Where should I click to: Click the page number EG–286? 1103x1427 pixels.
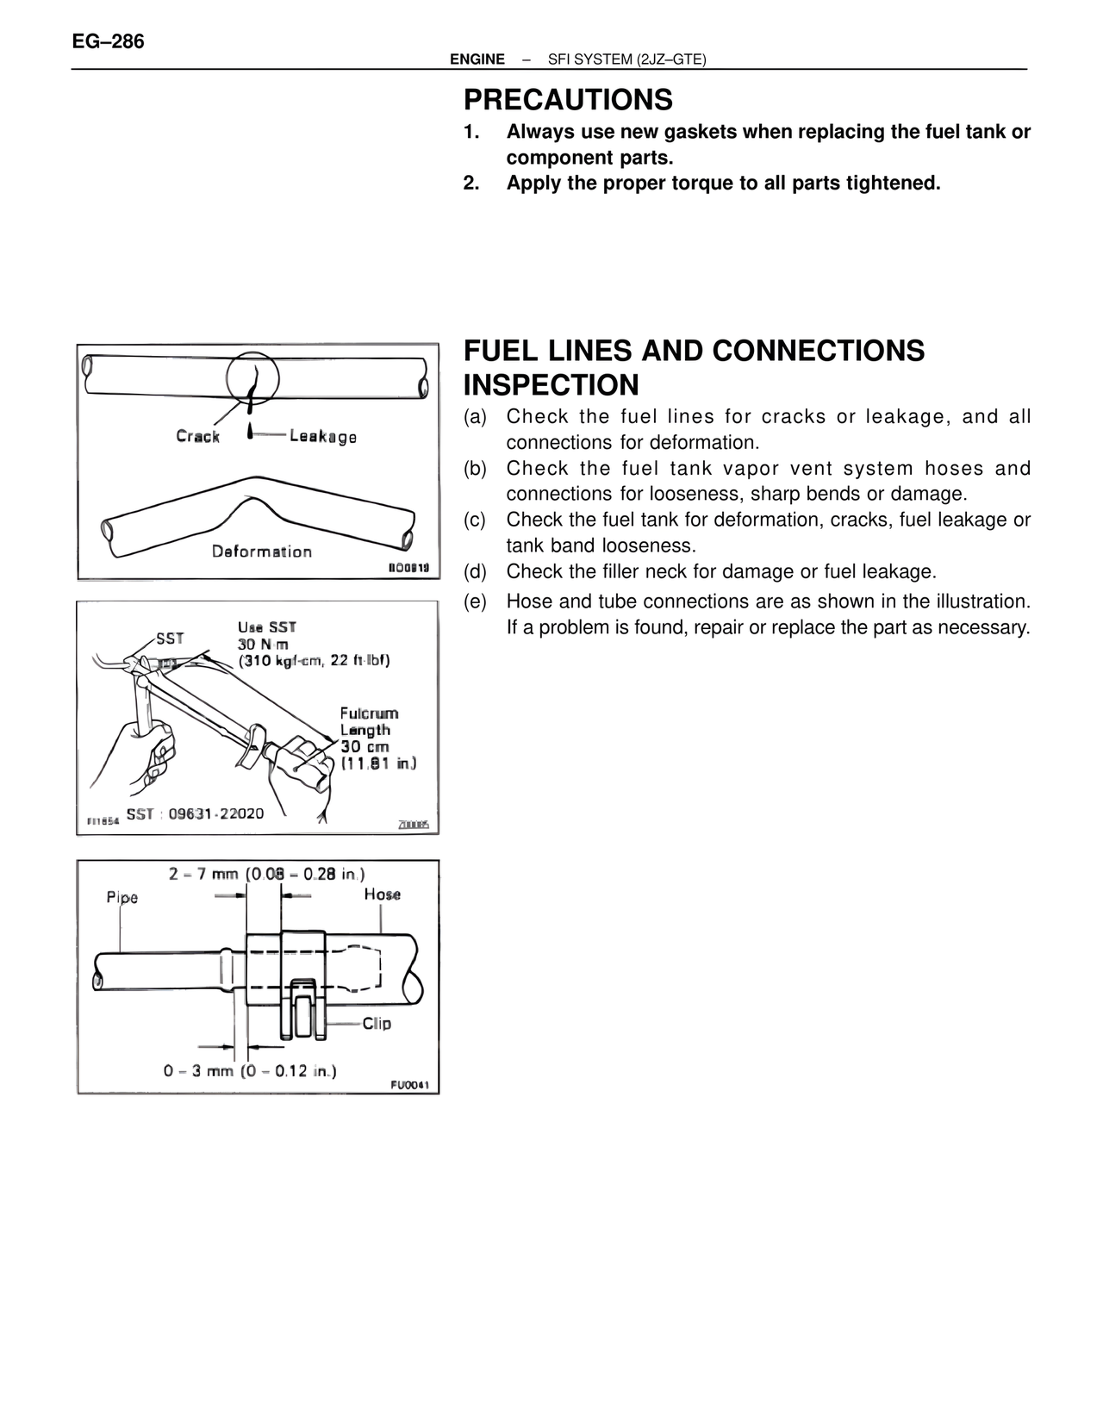109,41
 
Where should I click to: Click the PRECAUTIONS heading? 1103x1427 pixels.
568,100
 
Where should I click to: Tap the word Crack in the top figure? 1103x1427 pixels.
197,436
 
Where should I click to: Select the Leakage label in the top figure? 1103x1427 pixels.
323,436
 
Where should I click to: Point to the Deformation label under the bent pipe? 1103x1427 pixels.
262,551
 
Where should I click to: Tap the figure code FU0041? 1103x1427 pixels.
409,1086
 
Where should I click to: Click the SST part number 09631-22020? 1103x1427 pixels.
216,813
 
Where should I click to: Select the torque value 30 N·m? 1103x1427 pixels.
263,645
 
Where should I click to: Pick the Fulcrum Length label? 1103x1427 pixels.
369,721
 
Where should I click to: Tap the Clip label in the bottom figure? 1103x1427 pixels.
377,1023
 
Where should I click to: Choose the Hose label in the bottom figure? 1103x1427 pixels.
382,894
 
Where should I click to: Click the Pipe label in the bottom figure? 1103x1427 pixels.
122,897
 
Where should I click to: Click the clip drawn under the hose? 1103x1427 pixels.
302,1008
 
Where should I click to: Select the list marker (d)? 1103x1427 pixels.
475,572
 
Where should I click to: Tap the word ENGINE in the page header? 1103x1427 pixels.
477,59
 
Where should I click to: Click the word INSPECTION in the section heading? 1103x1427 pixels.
551,384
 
